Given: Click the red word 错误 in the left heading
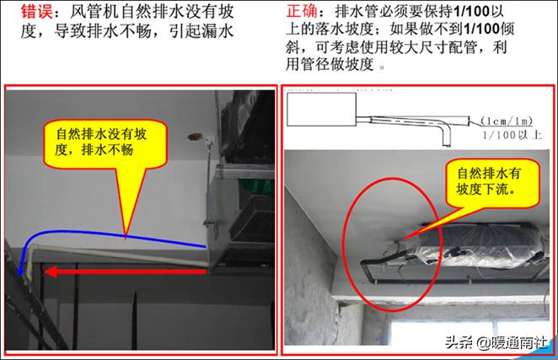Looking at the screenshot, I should [24, 15].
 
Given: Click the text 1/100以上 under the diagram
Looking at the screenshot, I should [512, 134].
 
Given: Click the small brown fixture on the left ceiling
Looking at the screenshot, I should [196, 133].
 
